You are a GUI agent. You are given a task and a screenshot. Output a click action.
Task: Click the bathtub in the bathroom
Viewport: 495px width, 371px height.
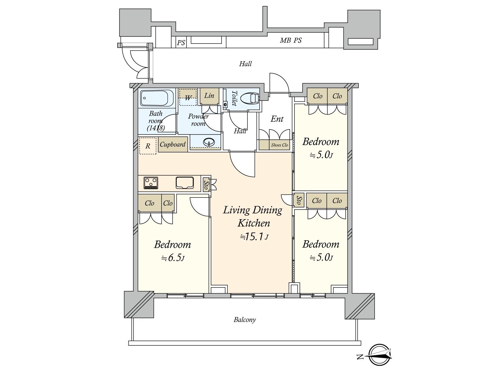pos(157,98)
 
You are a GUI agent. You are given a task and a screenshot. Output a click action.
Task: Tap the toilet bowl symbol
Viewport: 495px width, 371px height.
pos(250,98)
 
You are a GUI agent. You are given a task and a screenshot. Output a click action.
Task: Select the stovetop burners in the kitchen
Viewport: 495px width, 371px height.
pos(151,183)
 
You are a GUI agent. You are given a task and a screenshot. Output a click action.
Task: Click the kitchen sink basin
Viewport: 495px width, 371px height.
pos(185,182)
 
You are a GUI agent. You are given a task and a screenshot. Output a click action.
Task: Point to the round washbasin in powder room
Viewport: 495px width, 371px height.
pos(209,142)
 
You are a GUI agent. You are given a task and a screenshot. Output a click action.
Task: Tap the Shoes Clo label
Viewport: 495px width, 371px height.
pos(279,145)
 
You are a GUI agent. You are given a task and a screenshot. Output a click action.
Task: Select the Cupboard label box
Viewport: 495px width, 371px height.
pos(173,144)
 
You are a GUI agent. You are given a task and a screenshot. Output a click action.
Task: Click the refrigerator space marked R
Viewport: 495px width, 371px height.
pos(148,146)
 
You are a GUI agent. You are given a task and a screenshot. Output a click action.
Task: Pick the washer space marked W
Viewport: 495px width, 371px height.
pos(187,97)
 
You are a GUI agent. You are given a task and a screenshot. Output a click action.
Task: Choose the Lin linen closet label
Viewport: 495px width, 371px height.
pos(209,96)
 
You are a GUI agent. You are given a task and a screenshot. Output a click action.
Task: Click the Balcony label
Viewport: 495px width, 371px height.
pos(245,320)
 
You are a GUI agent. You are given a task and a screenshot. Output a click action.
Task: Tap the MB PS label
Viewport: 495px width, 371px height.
pos(291,40)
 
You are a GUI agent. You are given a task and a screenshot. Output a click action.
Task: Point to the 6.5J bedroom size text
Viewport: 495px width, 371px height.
pos(173,258)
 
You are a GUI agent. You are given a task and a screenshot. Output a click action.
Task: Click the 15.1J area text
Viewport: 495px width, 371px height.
pos(254,237)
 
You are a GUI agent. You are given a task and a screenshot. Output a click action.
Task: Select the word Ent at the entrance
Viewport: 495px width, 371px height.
pos(277,119)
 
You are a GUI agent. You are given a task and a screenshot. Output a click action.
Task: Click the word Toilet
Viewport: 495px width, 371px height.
pos(234,98)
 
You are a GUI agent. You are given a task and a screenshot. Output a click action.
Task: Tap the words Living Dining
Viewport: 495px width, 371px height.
pos(252,210)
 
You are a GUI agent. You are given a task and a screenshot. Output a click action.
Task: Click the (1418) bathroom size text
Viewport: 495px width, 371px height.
pos(156,128)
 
